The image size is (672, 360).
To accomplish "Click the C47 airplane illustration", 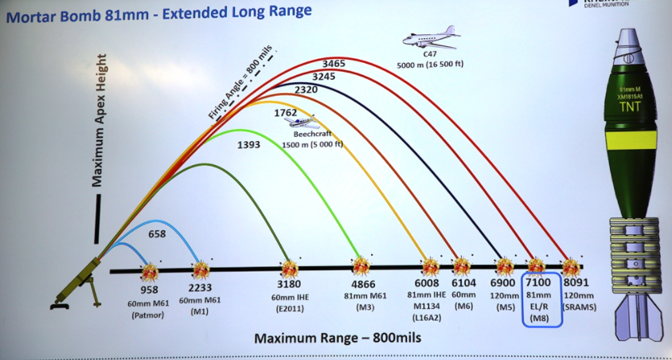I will [431, 37].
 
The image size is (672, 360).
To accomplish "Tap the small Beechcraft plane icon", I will [303, 122].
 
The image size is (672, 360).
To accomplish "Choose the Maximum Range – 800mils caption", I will [338, 338].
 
